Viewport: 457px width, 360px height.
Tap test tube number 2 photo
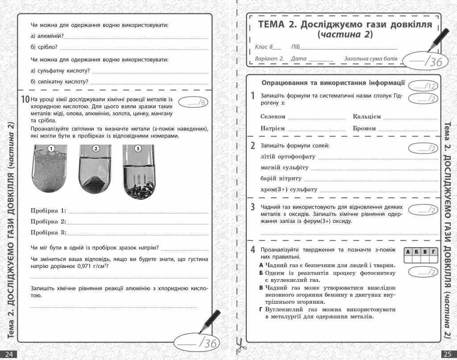[95, 171]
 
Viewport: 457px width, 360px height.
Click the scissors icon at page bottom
[239, 345]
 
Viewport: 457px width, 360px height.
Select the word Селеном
[273, 117]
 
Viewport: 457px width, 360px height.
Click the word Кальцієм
[366, 117]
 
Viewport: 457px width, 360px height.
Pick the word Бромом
[365, 128]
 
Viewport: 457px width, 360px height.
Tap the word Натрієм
[272, 128]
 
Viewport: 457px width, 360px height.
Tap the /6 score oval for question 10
[193, 103]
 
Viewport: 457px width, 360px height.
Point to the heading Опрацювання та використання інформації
[333, 83]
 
